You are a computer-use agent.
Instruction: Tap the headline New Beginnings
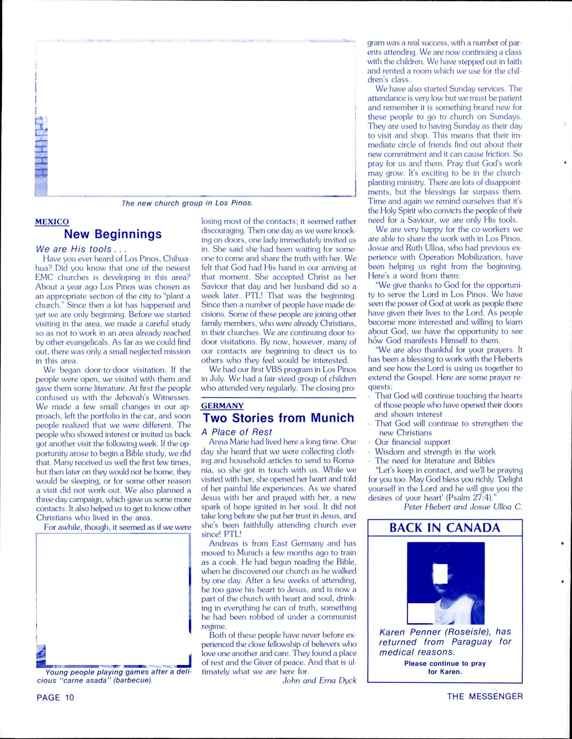tap(113, 234)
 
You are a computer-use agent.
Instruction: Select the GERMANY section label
tap(222, 405)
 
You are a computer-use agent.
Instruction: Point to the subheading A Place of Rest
tap(237, 432)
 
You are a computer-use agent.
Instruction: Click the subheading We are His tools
tap(81, 249)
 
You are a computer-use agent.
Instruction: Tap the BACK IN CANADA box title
tap(445, 527)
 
